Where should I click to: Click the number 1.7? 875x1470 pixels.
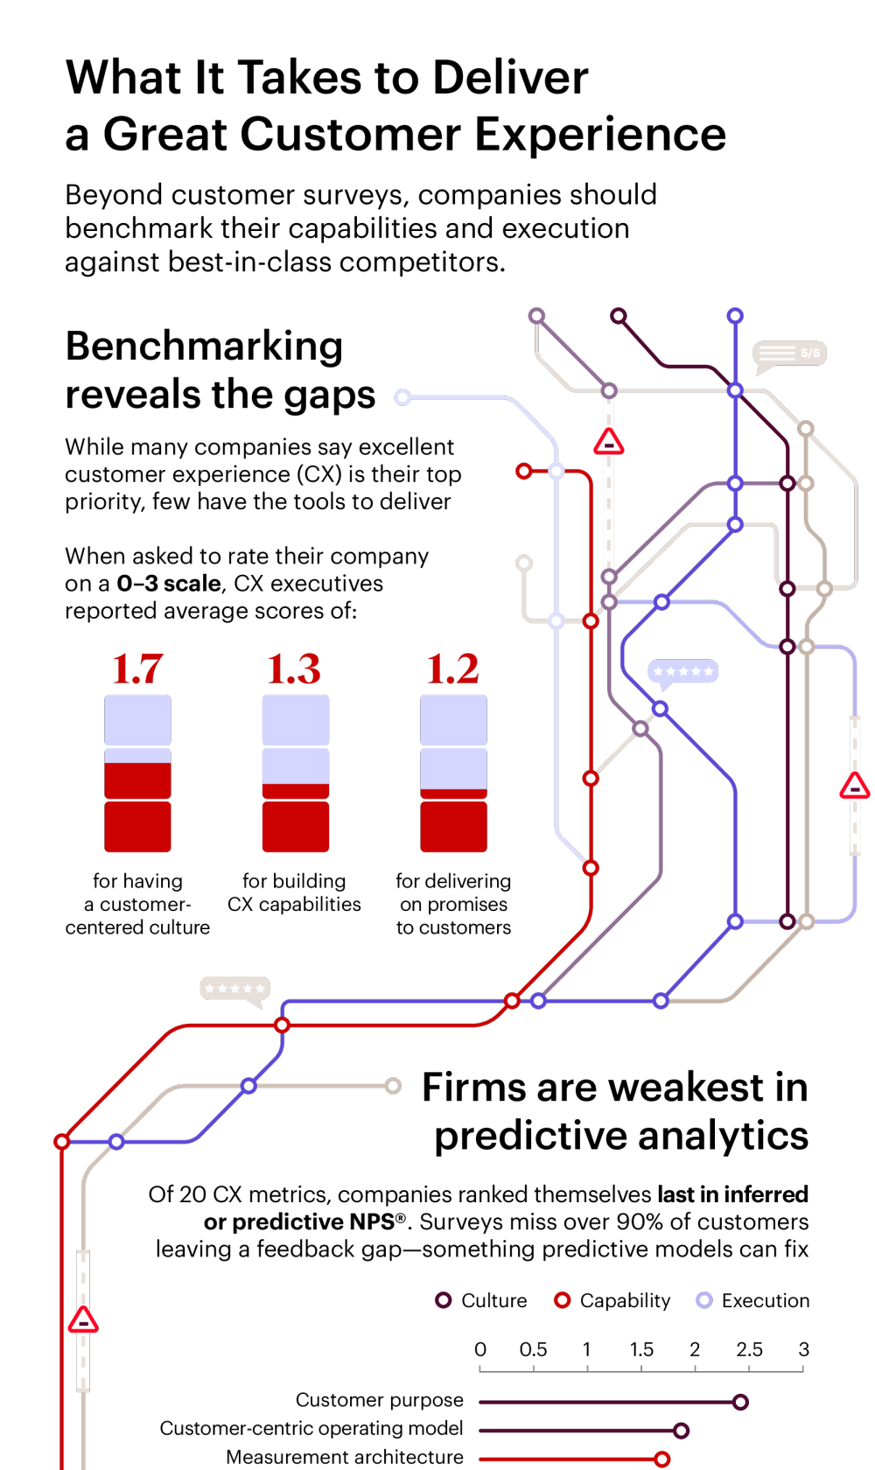click(137, 669)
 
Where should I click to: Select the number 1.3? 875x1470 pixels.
click(294, 669)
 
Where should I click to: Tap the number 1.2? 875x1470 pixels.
click(452, 669)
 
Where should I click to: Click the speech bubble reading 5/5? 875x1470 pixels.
click(789, 353)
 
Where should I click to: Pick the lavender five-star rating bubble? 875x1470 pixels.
click(682, 671)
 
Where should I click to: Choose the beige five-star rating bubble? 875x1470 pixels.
click(234, 989)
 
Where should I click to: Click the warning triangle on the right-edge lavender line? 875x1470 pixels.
click(855, 787)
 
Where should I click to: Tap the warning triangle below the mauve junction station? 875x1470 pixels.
click(609, 442)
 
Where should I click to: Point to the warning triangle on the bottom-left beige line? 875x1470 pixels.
click(83, 1320)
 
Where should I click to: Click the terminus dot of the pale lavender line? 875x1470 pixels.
click(402, 397)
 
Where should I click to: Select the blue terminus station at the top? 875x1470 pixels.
click(735, 316)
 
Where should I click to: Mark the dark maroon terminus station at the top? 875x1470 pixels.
click(619, 316)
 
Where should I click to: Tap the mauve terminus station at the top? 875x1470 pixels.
click(536, 316)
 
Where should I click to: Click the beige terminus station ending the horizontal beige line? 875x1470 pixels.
click(393, 1086)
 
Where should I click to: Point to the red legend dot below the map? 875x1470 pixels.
click(563, 1300)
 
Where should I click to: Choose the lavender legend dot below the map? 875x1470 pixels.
click(704, 1300)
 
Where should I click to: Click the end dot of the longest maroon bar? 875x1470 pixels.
click(740, 1403)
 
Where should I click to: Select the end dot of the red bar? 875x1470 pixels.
click(662, 1459)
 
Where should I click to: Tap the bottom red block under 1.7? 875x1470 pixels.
click(137, 827)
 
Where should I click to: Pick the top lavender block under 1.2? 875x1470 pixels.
click(453, 720)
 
